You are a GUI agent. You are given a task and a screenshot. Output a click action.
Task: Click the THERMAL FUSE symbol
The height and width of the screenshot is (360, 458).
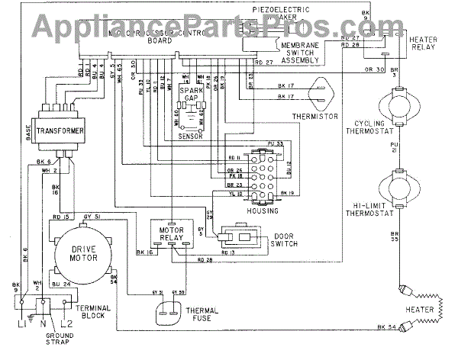coord(169,315)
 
